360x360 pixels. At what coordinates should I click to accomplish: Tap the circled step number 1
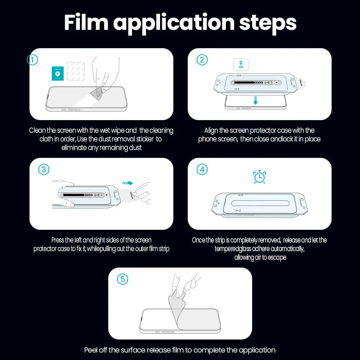click(x=32, y=60)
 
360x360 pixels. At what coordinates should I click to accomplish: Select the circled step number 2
click(x=202, y=60)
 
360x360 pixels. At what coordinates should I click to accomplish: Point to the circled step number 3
click(x=44, y=169)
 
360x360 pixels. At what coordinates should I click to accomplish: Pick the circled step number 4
click(x=202, y=169)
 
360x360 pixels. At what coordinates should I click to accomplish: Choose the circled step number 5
click(x=123, y=279)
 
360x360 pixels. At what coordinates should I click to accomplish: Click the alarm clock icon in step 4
click(x=259, y=177)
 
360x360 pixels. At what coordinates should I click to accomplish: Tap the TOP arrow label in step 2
click(x=241, y=65)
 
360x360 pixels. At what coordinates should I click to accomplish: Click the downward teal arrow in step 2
click(x=255, y=100)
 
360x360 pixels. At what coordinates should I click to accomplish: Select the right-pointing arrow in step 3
click(x=127, y=183)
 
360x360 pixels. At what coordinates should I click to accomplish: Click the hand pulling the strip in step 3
click(x=142, y=192)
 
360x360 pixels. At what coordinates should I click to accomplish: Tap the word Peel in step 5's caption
click(x=91, y=350)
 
